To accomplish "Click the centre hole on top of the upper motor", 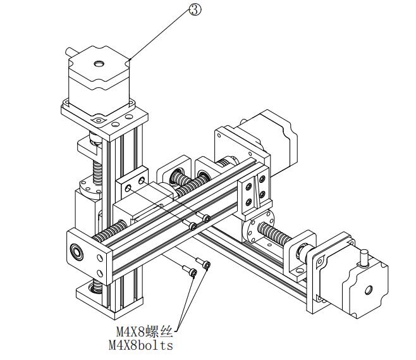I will (x=99, y=63).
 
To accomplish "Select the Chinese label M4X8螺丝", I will (x=144, y=331).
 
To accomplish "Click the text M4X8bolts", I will (x=140, y=345).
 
